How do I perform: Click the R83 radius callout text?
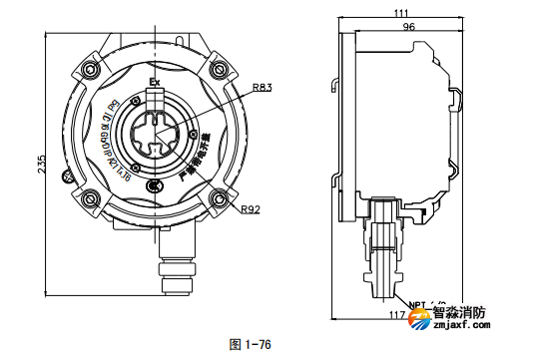point(263,88)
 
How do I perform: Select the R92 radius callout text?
point(252,209)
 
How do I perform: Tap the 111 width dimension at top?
point(402,12)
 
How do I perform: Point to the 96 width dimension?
point(408,28)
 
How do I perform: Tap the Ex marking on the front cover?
point(154,81)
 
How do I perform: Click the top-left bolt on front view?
point(91,70)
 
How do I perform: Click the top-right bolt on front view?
point(217,70)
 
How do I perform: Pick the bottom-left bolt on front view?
point(91,195)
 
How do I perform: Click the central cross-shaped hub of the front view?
point(155,134)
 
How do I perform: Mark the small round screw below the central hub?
point(153,186)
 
